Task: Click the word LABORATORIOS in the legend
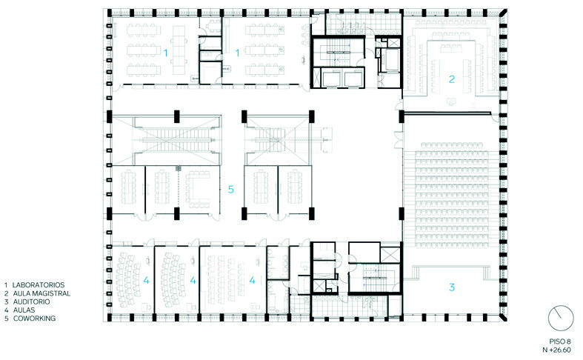click(x=39, y=285)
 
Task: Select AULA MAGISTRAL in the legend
click(x=41, y=293)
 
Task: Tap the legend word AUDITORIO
click(x=31, y=301)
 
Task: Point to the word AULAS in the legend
click(x=24, y=310)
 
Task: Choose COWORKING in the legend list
click(x=34, y=319)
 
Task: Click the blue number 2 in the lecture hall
click(x=452, y=79)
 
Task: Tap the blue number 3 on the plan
click(x=452, y=287)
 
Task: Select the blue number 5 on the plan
click(x=231, y=190)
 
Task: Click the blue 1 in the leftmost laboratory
click(x=166, y=53)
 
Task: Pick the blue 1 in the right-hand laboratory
click(x=238, y=53)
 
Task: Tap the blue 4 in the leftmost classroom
click(x=147, y=281)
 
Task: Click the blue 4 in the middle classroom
click(x=193, y=281)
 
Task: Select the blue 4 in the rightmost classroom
click(x=253, y=281)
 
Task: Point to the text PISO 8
click(x=559, y=341)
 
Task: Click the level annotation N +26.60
click(x=556, y=350)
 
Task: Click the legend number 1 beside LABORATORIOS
click(x=6, y=285)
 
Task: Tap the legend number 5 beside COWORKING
click(x=7, y=319)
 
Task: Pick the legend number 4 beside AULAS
click(x=7, y=310)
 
